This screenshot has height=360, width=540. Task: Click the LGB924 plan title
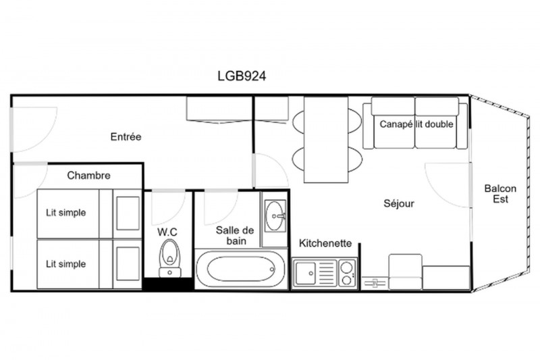pos(242,76)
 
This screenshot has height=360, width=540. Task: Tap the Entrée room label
pos(126,136)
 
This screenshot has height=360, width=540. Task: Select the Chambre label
pos(89,176)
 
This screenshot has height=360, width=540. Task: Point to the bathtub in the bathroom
pos(240,269)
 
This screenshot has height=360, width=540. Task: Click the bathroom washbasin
pos(275,216)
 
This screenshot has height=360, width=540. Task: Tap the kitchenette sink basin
pos(306,273)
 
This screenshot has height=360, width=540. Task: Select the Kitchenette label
pos(325,243)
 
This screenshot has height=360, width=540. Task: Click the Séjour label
pos(399,203)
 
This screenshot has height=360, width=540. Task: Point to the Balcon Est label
pos(500,194)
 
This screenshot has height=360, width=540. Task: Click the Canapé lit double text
pos(416,124)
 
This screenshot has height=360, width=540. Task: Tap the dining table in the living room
pos(326,140)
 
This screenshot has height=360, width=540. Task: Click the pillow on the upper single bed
pos(128,213)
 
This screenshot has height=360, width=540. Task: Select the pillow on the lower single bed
pos(128,264)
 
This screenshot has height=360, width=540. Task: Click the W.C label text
pos(167,232)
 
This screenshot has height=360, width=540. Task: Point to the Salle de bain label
pos(235,235)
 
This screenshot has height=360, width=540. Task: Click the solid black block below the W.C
pos(168,284)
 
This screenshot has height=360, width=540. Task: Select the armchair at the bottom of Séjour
pos(406,272)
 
